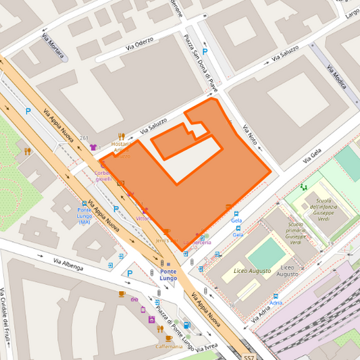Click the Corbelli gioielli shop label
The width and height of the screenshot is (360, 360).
103,176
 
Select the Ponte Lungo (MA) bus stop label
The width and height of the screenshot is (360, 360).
84,215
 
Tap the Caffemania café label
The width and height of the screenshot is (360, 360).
169,346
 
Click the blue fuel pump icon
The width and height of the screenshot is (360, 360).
186,326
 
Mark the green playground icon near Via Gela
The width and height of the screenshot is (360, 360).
303,187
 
